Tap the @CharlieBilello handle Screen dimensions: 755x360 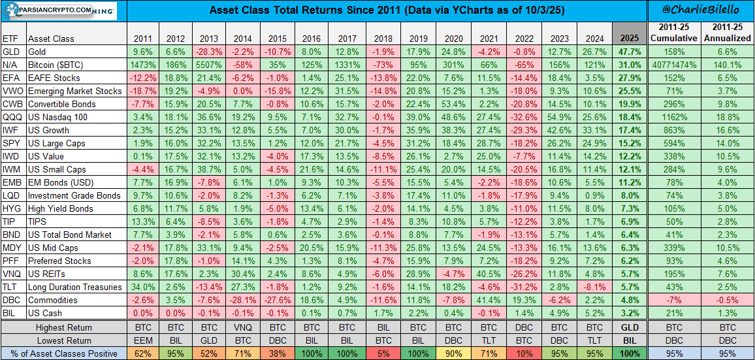701,10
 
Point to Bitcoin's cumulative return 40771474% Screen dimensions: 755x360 674,64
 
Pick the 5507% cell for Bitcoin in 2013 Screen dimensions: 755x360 210,64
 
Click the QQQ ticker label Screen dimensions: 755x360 10,117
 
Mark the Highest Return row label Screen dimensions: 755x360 63,327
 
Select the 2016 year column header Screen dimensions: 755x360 310,39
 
